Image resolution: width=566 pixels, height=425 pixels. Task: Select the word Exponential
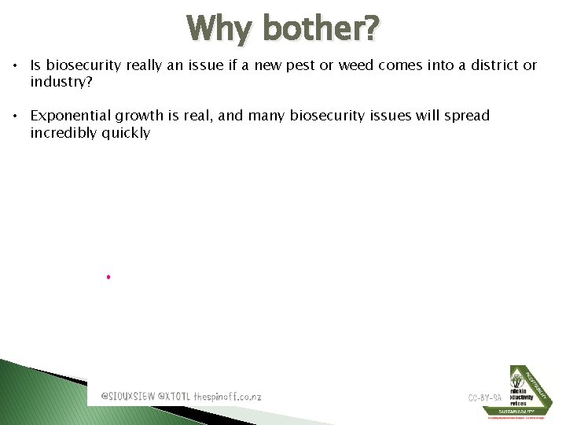pos(72,116)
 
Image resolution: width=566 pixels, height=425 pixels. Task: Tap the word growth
pos(140,116)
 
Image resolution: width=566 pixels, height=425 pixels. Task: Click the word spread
pos(465,116)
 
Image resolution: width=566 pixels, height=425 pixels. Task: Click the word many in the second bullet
pos(267,116)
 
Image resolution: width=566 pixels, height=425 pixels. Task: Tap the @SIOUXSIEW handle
pos(128,397)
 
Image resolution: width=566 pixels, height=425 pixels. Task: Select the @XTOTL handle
pos(175,397)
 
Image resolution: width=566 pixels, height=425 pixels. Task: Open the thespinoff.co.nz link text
pos(227,397)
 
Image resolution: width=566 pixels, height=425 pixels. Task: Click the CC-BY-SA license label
pos(485,397)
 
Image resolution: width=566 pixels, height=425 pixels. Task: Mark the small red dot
pos(108,277)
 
